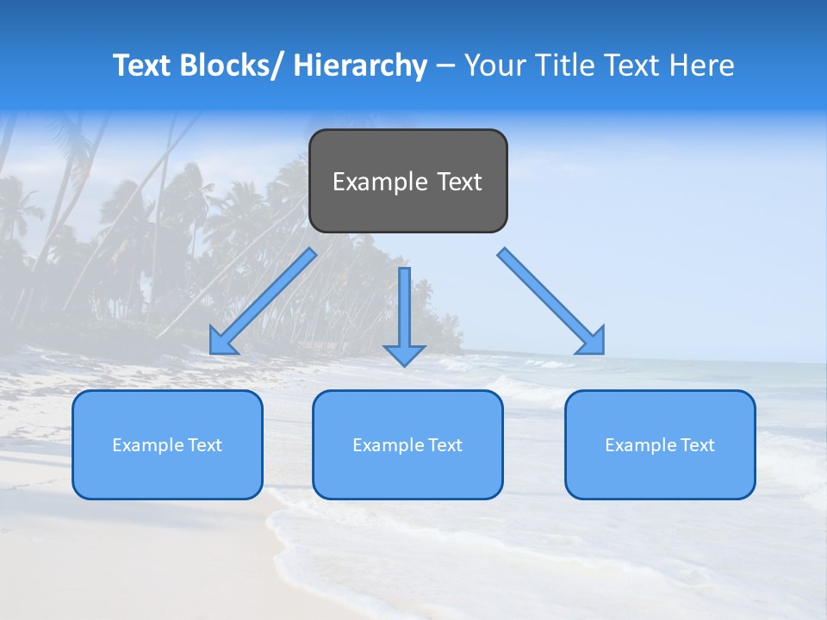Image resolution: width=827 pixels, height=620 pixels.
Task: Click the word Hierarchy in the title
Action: click(x=360, y=65)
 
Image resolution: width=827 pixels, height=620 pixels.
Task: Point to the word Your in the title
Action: click(x=494, y=65)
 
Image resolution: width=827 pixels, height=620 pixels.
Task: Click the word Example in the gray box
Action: click(x=380, y=182)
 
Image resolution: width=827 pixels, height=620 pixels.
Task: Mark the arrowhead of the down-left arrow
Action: click(x=222, y=341)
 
